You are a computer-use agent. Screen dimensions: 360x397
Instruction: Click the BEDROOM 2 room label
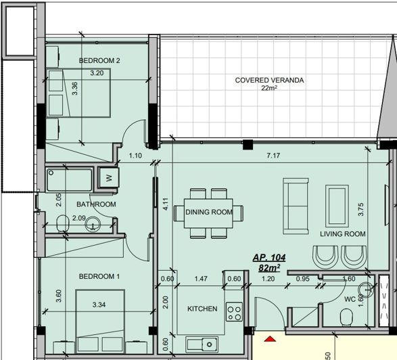99,61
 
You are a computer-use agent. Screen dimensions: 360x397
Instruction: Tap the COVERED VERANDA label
269,80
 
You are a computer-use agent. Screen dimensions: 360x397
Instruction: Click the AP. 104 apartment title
270,258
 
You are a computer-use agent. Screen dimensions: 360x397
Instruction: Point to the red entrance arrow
271,338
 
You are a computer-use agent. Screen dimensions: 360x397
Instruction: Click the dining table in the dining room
209,212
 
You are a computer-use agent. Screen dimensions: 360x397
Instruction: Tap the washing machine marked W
108,179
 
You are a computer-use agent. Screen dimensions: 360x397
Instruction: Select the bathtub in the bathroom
70,181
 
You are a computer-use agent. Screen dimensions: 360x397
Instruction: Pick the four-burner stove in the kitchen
234,312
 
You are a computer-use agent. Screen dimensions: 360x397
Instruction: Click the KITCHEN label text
202,309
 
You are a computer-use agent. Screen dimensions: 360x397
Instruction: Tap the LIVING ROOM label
343,234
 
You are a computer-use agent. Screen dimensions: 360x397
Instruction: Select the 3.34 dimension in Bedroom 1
99,305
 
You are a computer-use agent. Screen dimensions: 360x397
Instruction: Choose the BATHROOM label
96,204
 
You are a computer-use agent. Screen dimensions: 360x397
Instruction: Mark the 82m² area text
270,268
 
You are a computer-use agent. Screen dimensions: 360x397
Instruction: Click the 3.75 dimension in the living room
360,210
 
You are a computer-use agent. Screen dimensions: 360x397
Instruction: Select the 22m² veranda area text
269,89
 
